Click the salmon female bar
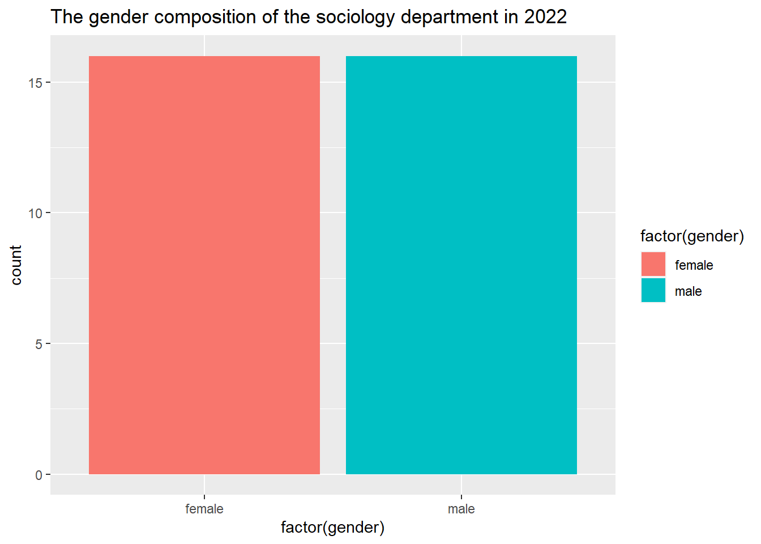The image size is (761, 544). click(204, 265)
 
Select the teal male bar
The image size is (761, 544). click(461, 265)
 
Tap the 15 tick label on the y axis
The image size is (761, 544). click(35, 83)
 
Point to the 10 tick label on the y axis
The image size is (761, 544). click(35, 213)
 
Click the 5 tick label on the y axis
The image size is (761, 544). click(39, 344)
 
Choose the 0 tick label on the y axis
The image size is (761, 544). click(39, 475)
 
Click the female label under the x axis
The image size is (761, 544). click(204, 509)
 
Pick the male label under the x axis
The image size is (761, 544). click(461, 509)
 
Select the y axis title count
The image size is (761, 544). click(16, 265)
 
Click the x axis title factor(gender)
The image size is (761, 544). click(332, 528)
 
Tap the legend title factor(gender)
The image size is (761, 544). click(692, 236)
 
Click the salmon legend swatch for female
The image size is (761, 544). click(653, 264)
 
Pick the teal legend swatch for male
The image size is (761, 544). click(653, 290)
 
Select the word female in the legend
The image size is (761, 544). click(694, 265)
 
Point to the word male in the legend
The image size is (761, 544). click(689, 291)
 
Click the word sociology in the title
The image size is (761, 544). click(356, 18)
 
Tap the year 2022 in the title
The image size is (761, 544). click(546, 16)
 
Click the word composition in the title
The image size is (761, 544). click(205, 18)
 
